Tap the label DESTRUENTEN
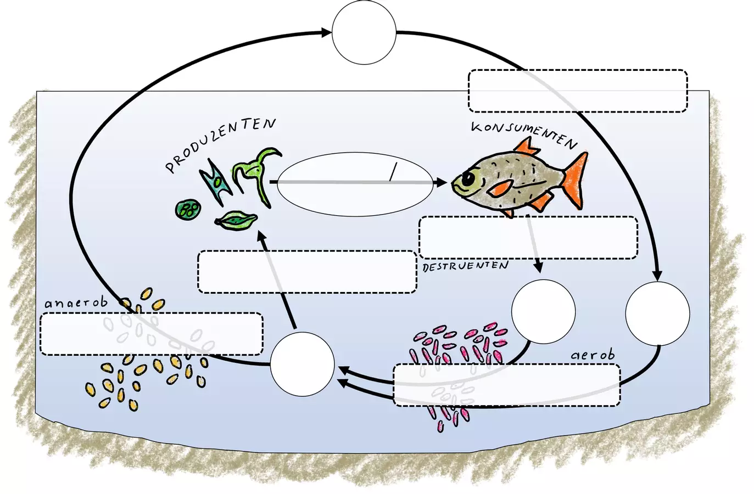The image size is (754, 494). click(x=465, y=266)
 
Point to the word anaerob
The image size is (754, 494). click(x=76, y=303)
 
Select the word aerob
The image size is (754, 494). click(x=593, y=355)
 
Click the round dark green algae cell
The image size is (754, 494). click(x=188, y=210)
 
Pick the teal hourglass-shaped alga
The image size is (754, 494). click(x=216, y=182)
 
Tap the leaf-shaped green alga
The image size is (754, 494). click(x=236, y=221)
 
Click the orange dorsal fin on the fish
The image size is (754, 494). click(x=526, y=148)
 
